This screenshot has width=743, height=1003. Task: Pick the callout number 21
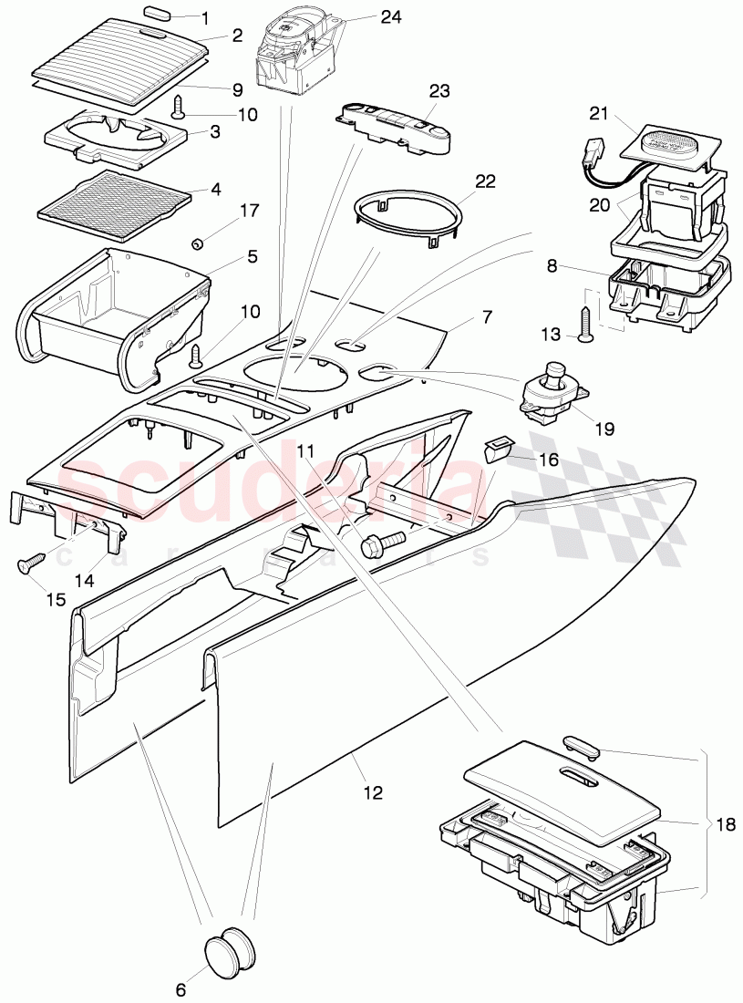coord(597,113)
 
